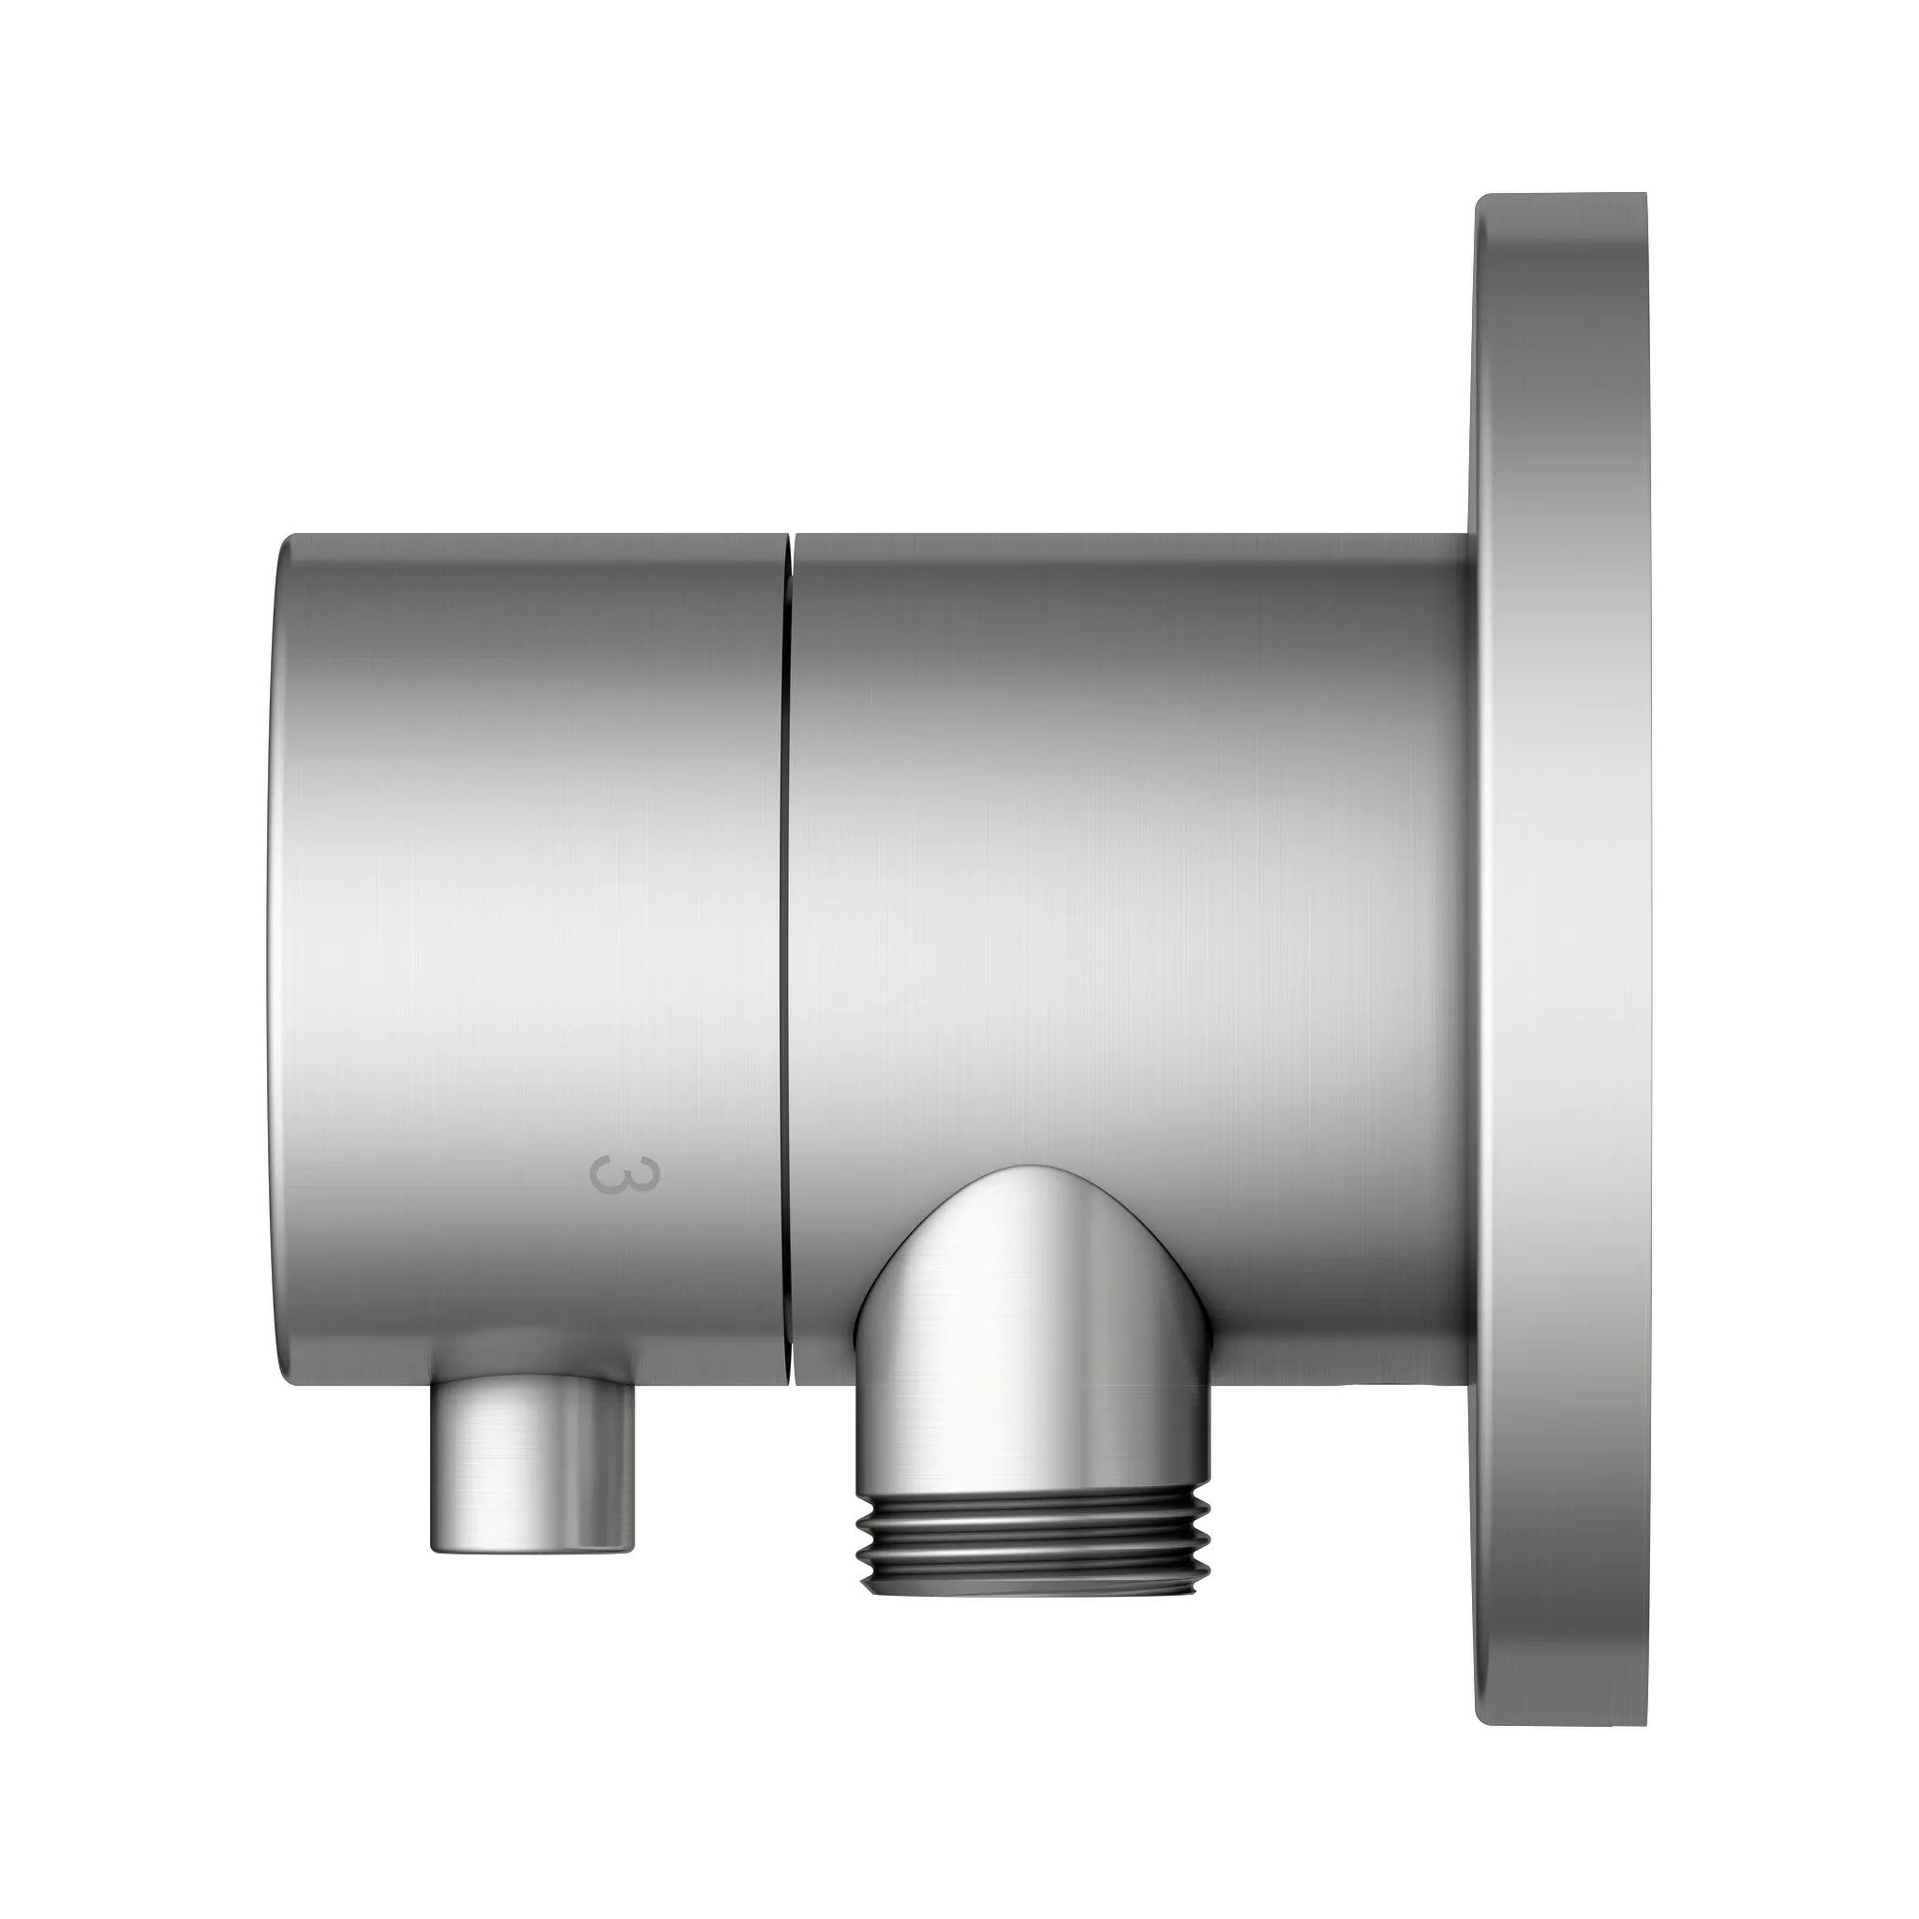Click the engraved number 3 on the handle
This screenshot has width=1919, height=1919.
(624, 1173)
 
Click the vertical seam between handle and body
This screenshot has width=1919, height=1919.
(787, 894)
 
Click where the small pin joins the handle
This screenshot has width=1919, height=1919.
(531, 1383)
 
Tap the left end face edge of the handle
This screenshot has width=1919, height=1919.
(270, 954)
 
